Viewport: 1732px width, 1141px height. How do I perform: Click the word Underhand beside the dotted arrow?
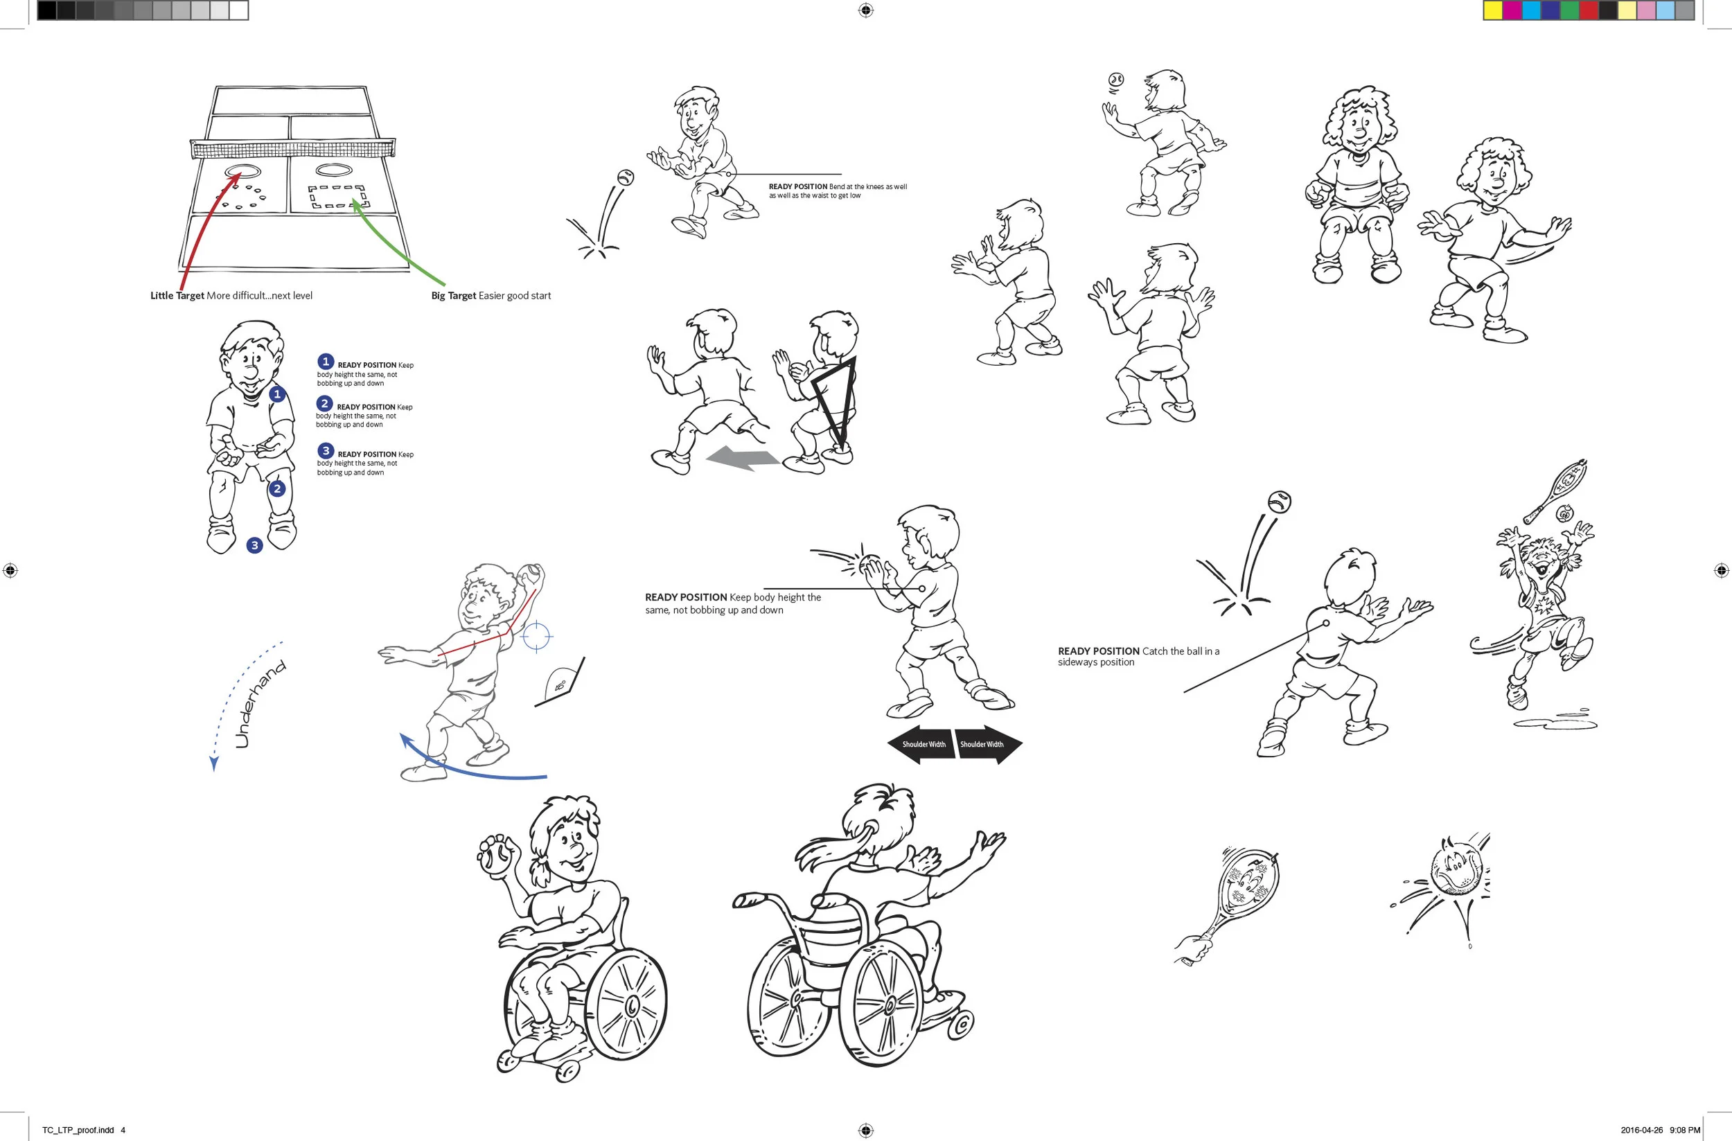pos(260,704)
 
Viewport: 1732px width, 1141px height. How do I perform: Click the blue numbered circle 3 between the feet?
pos(254,545)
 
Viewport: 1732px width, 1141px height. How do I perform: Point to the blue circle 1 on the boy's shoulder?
pos(276,394)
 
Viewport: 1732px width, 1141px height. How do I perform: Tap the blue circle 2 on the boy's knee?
pos(276,489)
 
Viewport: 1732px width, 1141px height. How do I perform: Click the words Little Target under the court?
pos(177,295)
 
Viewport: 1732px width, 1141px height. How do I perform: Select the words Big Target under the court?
pos(453,295)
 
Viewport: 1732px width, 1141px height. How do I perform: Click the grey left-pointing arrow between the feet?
pos(742,459)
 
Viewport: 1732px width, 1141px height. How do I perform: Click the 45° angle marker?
pos(561,682)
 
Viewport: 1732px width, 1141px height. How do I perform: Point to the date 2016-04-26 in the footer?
pos(1642,1130)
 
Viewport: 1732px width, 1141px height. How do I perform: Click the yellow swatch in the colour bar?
pos(1493,10)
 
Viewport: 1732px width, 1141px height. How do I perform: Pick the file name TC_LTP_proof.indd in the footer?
pos(78,1130)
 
